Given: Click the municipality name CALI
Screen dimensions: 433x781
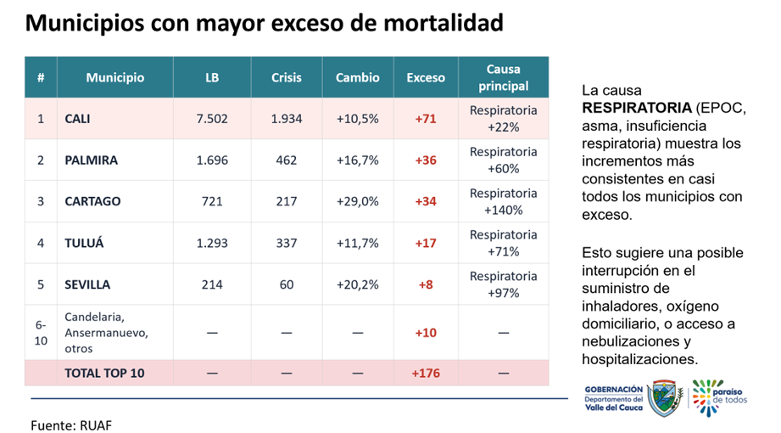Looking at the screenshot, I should tap(77, 119).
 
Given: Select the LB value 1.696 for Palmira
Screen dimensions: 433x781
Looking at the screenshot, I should tap(212, 160).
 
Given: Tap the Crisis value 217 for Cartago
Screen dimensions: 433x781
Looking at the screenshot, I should tap(287, 201).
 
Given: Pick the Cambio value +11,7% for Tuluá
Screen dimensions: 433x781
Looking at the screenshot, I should tap(357, 244).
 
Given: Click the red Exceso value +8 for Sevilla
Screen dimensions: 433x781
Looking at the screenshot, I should tap(426, 284).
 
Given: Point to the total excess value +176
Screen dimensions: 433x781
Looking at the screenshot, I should tap(426, 373).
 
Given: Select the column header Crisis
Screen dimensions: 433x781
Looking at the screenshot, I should tap(287, 77).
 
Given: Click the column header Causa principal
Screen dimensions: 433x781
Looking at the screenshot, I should tap(503, 77).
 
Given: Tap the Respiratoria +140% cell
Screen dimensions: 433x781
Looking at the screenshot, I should tap(503, 201).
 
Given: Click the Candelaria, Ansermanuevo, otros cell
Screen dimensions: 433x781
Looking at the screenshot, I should tap(100, 332).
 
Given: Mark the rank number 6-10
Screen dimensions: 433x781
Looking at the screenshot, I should tap(41, 332).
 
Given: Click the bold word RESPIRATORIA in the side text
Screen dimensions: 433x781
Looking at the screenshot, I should tap(636, 109).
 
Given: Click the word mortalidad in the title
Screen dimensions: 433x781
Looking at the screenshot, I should tap(438, 23).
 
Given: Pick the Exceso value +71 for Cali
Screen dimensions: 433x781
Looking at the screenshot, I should tap(426, 119).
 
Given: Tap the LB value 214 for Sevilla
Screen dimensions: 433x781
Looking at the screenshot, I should tap(212, 284).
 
